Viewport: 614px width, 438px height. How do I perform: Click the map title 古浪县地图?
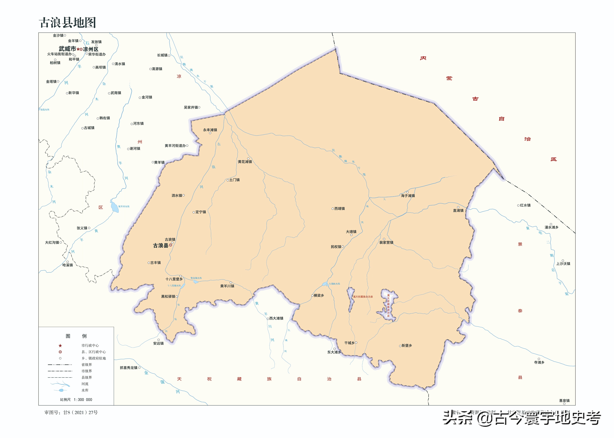(67, 23)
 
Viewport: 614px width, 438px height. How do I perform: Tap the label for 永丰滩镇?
(210, 130)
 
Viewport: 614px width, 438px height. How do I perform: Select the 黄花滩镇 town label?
(245, 162)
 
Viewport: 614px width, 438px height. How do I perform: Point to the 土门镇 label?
(234, 180)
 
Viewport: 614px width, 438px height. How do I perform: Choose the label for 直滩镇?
(458, 211)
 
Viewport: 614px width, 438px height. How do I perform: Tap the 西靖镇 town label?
(339, 209)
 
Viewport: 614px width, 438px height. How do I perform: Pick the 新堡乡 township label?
(407, 346)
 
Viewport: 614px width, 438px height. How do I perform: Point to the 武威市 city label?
(67, 49)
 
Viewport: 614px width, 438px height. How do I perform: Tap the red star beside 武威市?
(78, 49)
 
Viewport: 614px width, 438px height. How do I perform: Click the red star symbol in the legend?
(60, 346)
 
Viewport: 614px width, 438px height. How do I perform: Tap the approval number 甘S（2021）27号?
(80, 412)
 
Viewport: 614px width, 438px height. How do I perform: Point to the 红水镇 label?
(525, 205)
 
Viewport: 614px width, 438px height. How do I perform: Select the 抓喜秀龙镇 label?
(129, 368)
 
